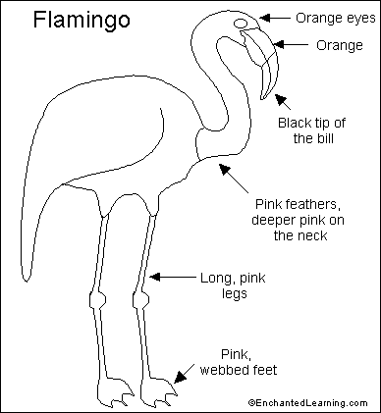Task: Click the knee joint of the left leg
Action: click(x=97, y=296)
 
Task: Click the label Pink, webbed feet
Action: click(x=249, y=363)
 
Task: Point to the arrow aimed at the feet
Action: click(x=182, y=374)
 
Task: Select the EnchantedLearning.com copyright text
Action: click(x=312, y=402)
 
